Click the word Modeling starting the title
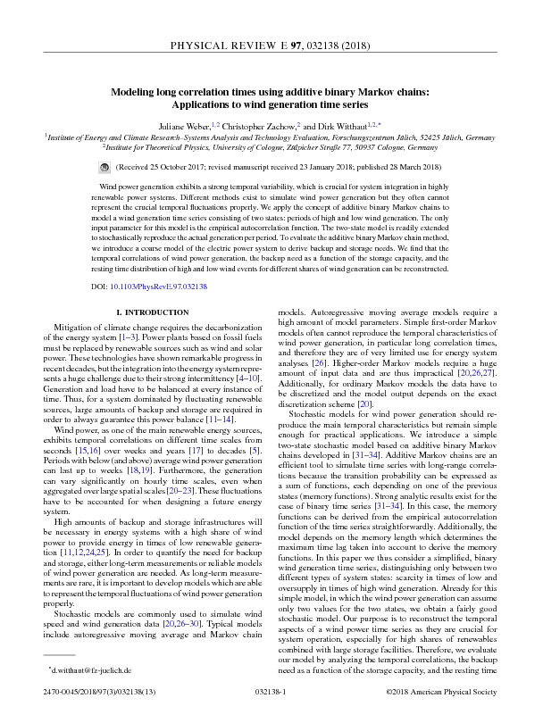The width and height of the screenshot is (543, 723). tap(138, 91)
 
